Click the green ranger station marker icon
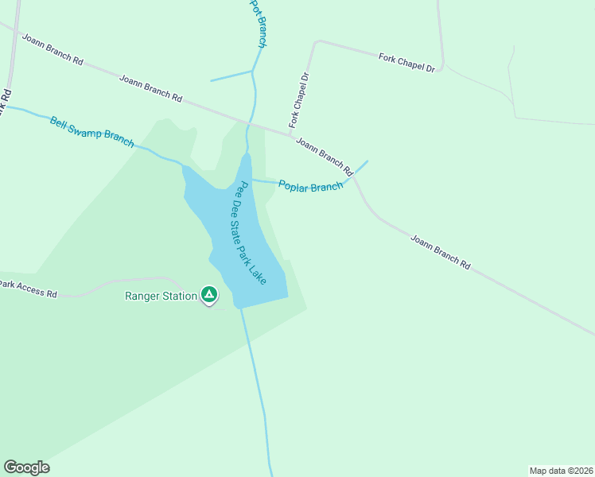[x=209, y=295]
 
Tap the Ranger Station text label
[x=161, y=297]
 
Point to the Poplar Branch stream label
[x=310, y=185]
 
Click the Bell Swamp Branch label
[x=91, y=132]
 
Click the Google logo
[x=26, y=467]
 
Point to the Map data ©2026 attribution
[x=561, y=470]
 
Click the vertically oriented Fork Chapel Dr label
[x=299, y=101]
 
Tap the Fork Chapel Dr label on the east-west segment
[x=406, y=63]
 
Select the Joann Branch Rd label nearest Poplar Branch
[x=325, y=156]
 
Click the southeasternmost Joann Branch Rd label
[x=441, y=251]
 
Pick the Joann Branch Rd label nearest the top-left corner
[x=52, y=48]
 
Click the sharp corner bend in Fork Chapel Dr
[x=316, y=42]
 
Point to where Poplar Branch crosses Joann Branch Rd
[x=353, y=176]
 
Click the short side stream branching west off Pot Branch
[x=231, y=76]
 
